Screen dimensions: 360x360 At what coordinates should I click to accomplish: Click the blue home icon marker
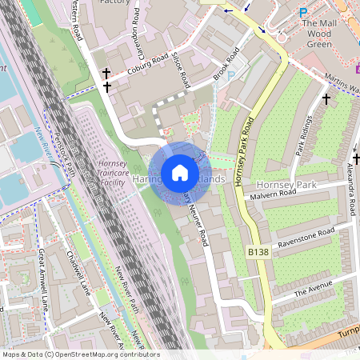tap(180, 173)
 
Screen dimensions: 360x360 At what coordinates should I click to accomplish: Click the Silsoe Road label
tap(182, 70)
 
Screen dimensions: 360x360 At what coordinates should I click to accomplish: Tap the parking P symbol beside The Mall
tap(302, 12)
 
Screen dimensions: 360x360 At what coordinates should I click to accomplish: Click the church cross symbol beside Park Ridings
tap(326, 98)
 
